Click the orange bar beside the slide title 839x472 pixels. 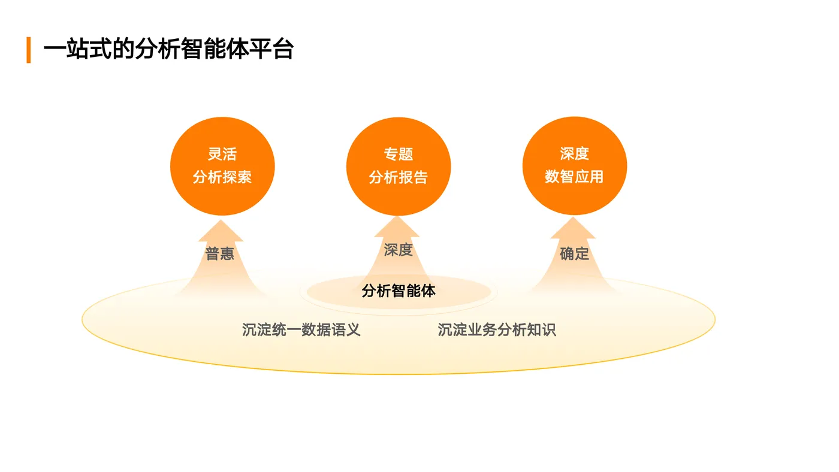tap(28, 50)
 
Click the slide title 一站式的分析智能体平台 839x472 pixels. tap(168, 49)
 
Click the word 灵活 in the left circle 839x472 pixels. tap(222, 154)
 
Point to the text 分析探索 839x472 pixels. tap(222, 177)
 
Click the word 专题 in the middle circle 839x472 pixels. tap(399, 154)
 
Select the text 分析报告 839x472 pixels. tap(399, 177)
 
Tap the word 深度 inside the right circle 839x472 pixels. tap(574, 154)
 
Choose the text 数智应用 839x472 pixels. tap(574, 177)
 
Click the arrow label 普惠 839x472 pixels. tap(220, 254)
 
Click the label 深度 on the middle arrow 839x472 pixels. tap(399, 249)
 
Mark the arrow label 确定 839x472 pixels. tap(574, 254)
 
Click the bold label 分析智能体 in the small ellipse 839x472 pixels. tap(399, 291)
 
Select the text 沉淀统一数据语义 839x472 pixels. tap(301, 330)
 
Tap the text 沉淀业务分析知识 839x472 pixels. tap(497, 330)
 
